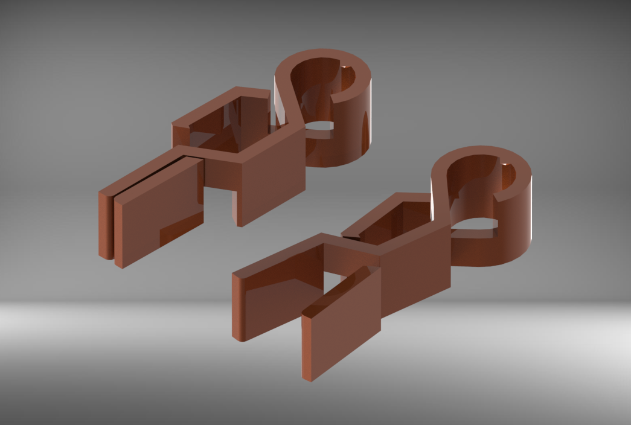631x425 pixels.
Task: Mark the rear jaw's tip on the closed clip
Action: [105, 254]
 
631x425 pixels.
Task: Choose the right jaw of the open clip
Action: [341, 326]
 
